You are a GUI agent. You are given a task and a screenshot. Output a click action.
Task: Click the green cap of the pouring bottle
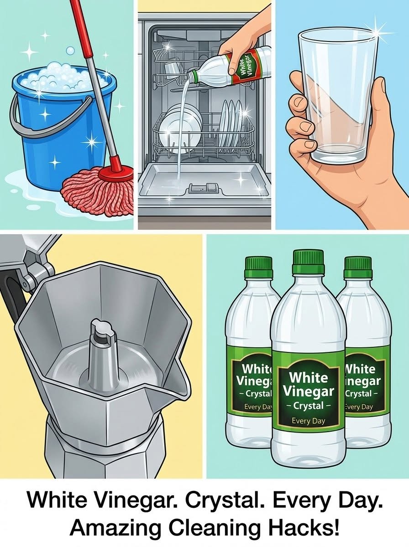[x=192, y=76]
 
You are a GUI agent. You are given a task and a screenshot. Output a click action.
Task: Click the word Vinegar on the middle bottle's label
[x=309, y=391]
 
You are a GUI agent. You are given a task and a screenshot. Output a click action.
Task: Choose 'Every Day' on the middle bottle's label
[x=309, y=421]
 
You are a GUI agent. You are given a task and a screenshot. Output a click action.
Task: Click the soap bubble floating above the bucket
[x=70, y=51]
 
